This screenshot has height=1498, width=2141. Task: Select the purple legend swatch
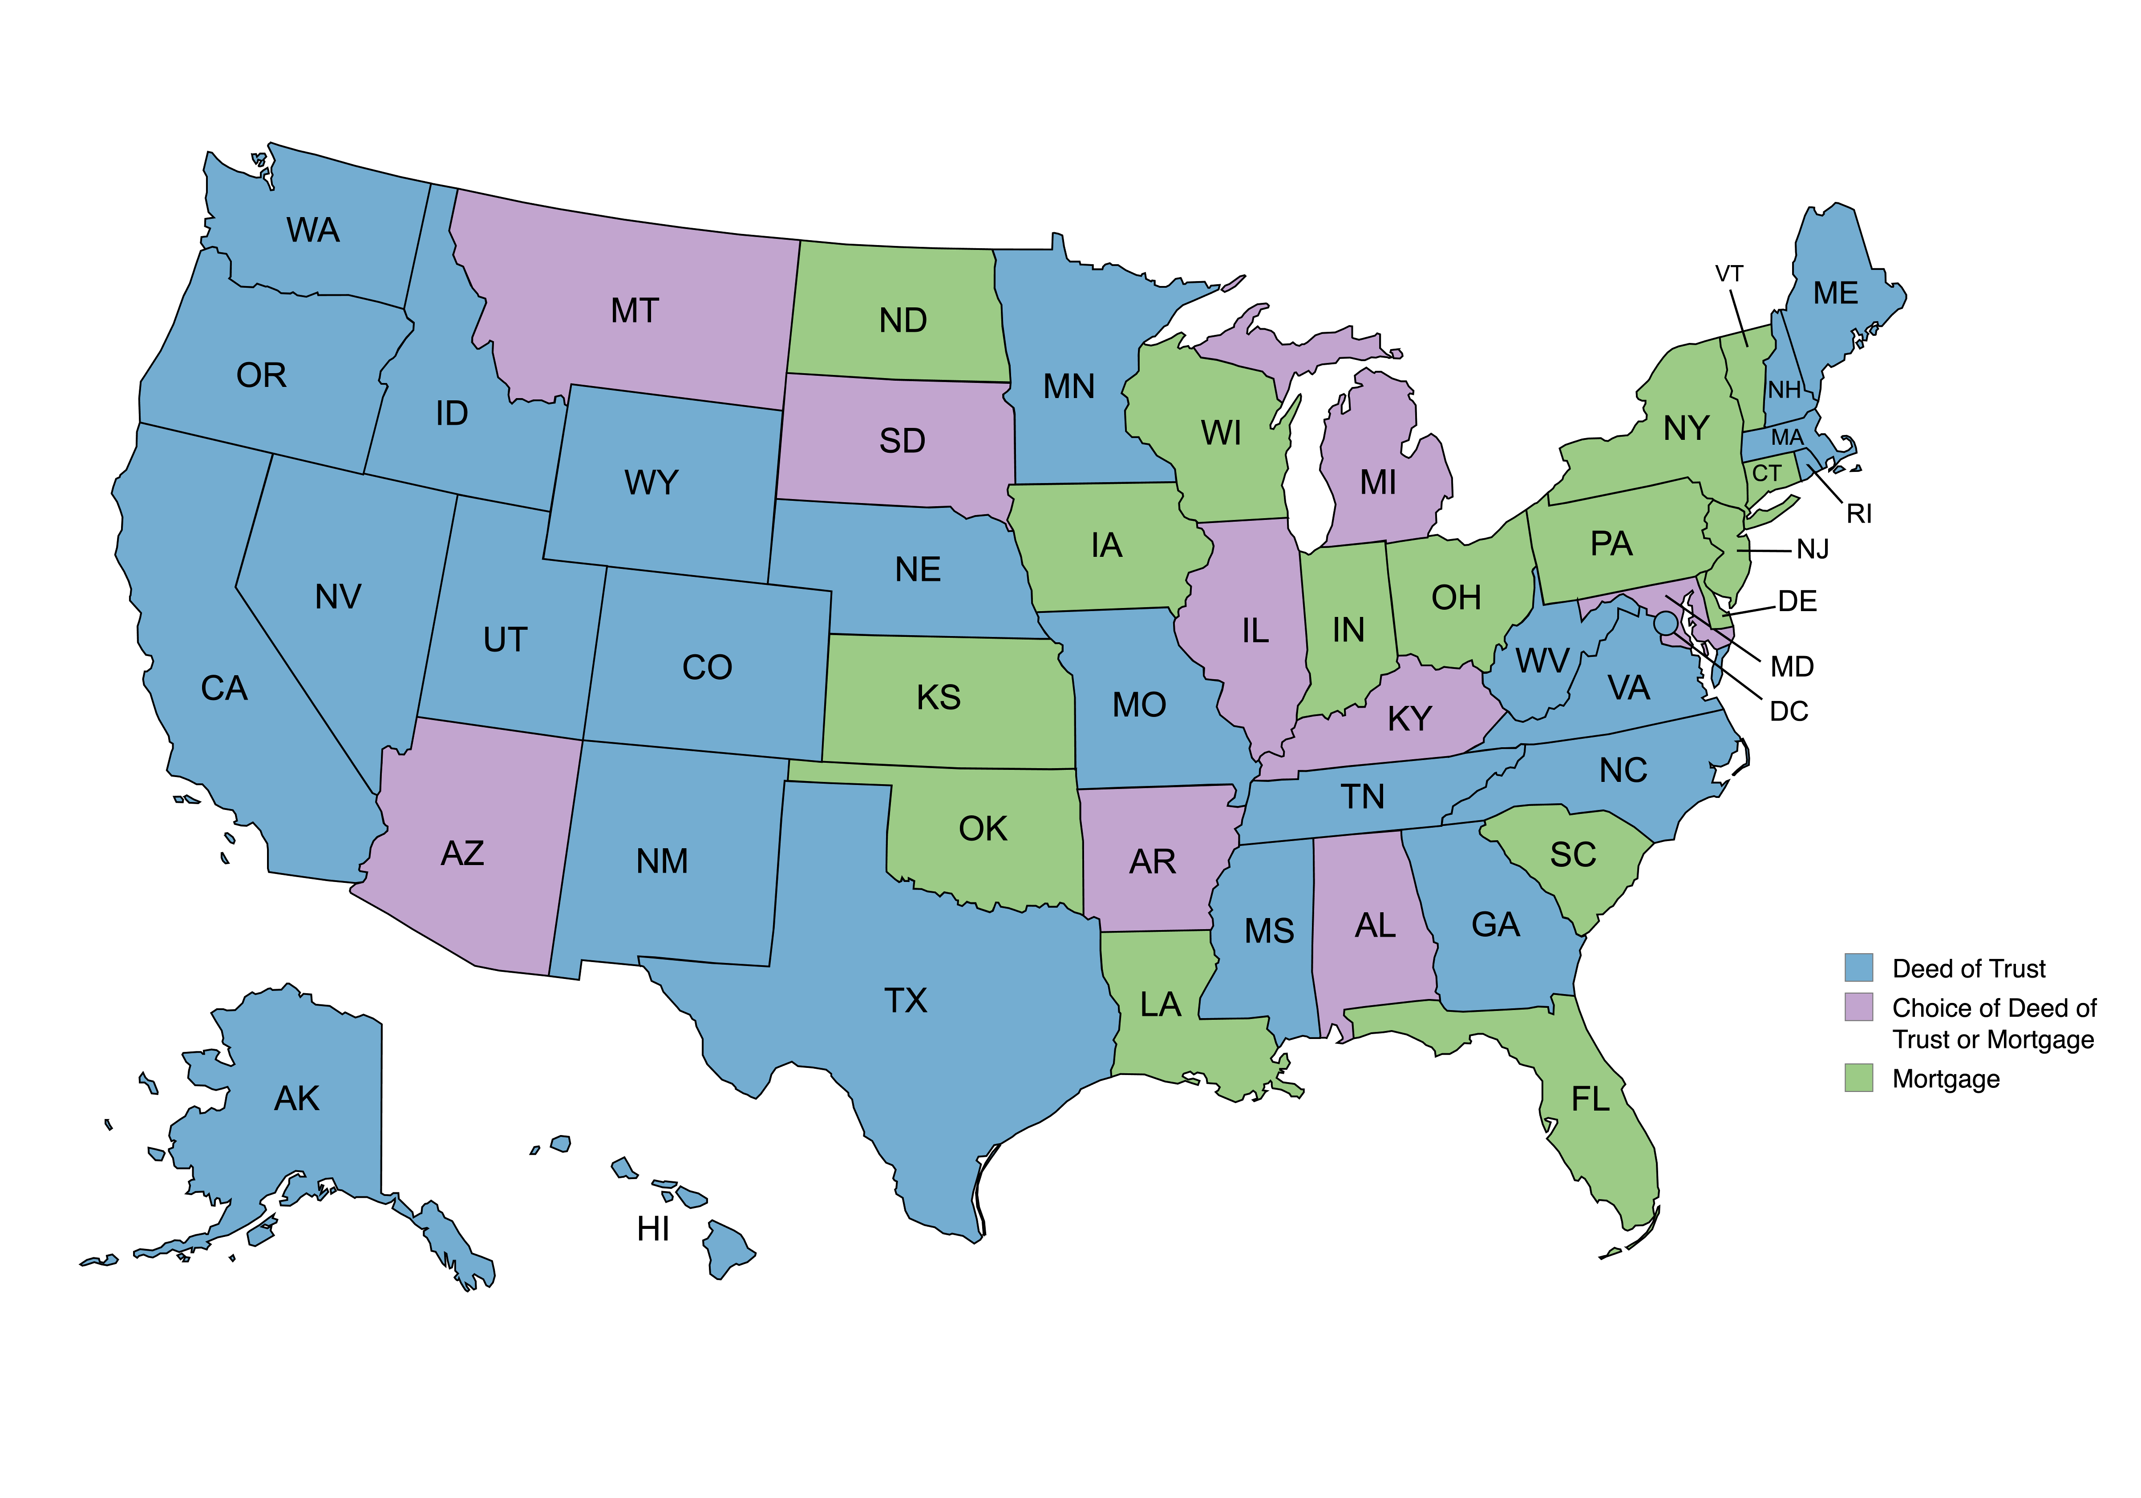1858,1007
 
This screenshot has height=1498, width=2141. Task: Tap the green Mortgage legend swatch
1858,1078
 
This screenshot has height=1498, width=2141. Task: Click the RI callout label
1858,514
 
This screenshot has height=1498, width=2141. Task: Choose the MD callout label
1791,667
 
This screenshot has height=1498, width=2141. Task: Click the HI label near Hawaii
653,1229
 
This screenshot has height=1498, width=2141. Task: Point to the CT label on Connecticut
1766,474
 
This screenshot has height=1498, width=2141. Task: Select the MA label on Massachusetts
1787,437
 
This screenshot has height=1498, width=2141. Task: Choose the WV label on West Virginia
1542,661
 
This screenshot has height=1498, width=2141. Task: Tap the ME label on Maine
1835,294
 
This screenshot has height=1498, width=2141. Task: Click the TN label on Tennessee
1362,797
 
